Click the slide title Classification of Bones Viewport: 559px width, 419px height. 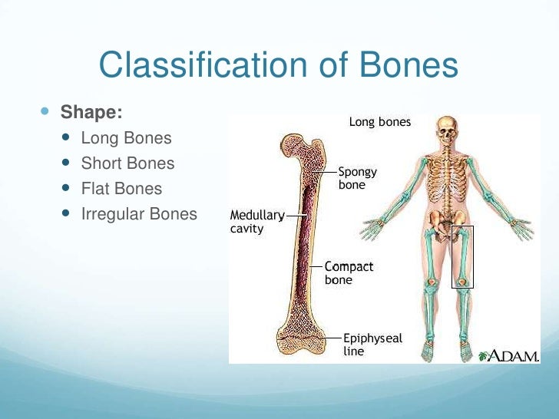(278, 66)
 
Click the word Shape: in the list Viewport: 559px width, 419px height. (91, 113)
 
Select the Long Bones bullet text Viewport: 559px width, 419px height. (126, 139)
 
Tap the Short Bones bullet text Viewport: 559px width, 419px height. (127, 163)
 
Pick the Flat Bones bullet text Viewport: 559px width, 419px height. (121, 189)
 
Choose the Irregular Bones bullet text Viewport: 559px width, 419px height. (139, 214)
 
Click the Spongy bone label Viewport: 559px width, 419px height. (357, 179)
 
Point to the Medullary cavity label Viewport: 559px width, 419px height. (256, 222)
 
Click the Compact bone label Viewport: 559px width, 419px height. (349, 273)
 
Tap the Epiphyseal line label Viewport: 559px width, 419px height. (372, 345)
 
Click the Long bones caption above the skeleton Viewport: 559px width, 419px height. (380, 122)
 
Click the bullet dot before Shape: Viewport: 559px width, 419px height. (44, 112)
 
